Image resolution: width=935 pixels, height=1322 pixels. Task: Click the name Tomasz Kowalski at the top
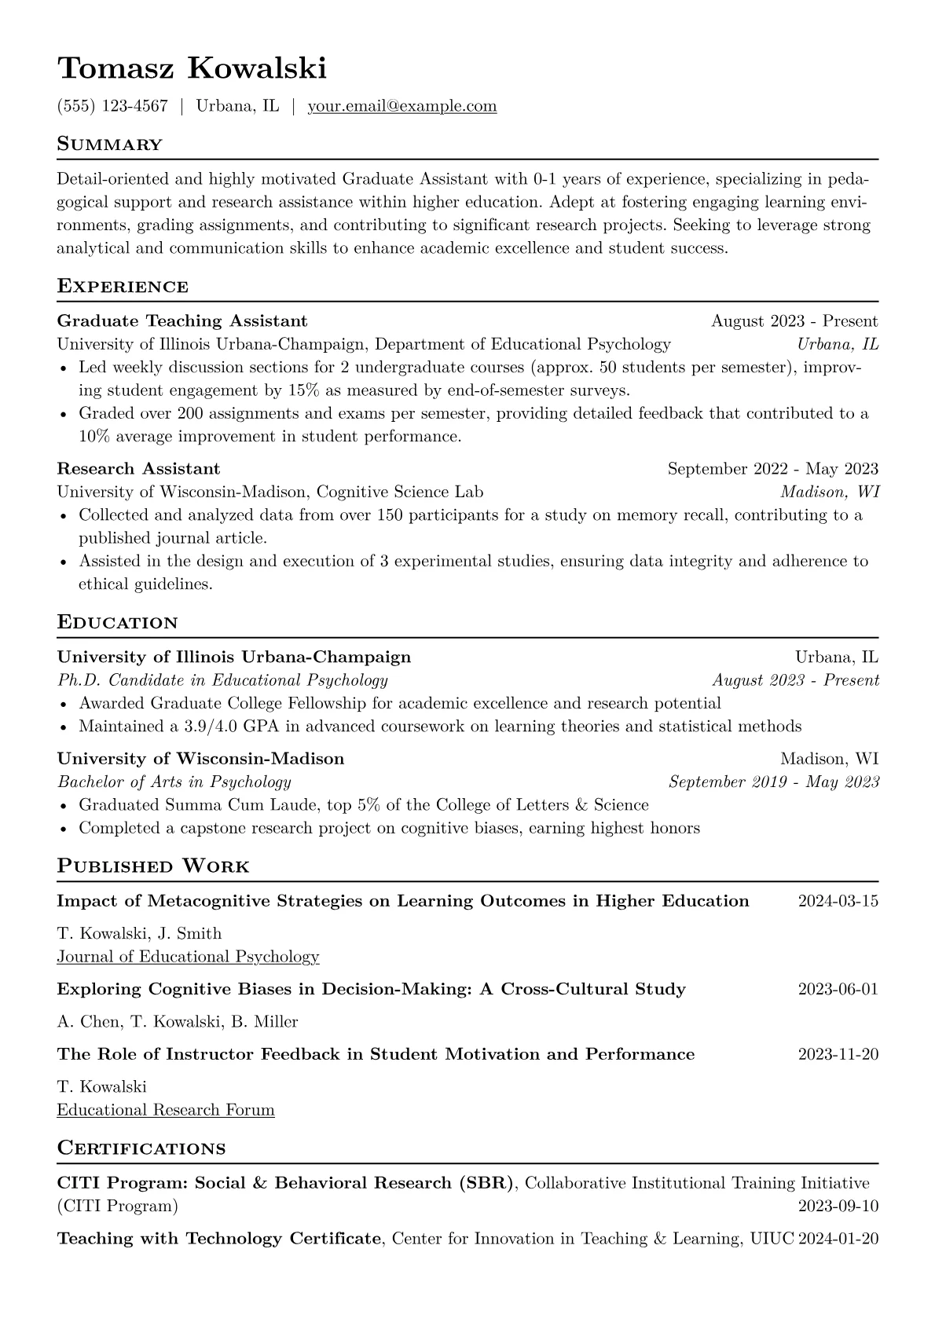pos(191,69)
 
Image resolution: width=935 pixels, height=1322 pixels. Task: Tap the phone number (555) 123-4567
pos(112,106)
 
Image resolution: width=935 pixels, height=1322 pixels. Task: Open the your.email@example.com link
pos(401,106)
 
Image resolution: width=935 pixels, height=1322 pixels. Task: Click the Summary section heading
pos(109,145)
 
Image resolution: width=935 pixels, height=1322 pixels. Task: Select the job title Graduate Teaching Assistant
pos(182,320)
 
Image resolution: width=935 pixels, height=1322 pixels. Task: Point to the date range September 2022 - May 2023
pos(772,469)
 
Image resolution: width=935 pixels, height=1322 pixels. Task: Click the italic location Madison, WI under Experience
pos(829,492)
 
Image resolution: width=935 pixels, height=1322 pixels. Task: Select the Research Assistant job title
pos(138,469)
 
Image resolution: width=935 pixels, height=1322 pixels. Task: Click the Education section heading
pos(117,623)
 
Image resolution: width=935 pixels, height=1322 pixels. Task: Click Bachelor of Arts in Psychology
pos(174,782)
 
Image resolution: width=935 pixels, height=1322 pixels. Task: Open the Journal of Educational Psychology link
pos(188,956)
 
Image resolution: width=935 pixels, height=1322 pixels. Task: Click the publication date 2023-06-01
pos(838,989)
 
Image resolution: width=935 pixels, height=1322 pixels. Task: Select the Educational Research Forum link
pos(166,1110)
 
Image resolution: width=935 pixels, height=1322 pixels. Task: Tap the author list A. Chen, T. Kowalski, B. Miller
pos(178,1022)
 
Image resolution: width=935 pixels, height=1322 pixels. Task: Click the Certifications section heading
pos(141,1148)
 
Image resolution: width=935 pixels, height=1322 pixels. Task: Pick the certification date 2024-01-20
pos(838,1239)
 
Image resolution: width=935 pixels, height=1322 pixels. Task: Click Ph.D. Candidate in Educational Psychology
pos(222,680)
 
